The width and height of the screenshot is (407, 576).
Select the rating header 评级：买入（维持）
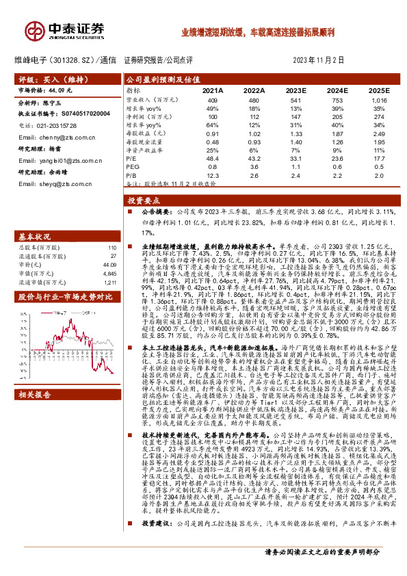pos(45,79)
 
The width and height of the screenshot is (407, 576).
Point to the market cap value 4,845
pos(109,273)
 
